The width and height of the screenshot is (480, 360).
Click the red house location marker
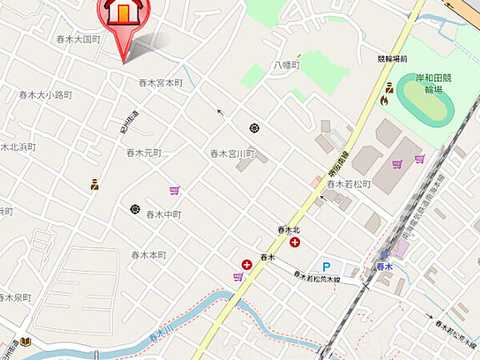pos(122,18)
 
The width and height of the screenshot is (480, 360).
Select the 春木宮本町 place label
pos(161,82)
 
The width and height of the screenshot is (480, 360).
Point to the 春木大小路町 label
pos(46,94)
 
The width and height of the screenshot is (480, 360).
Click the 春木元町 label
pos(144,152)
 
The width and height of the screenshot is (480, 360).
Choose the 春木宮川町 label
pos(232,153)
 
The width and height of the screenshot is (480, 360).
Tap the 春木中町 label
pos(163,214)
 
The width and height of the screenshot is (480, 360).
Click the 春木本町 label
pos(149,254)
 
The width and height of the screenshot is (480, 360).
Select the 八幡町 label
pos(286,64)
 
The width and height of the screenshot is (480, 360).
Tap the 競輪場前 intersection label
pos(392,59)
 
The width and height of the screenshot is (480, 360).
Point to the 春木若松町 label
pos(348,184)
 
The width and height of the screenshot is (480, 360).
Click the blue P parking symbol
pos(326,266)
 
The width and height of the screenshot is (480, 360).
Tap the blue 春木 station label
pos(385,266)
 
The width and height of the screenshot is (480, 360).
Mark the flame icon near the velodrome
pos(386,100)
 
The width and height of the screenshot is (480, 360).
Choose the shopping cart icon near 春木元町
pos(174,190)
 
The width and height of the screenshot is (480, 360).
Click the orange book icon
pos(26,342)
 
